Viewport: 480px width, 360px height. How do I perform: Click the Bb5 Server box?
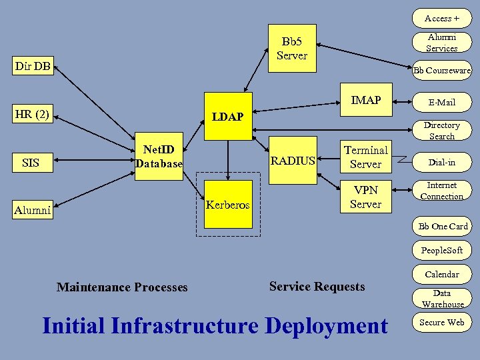click(291, 49)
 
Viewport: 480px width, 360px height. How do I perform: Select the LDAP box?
click(227, 117)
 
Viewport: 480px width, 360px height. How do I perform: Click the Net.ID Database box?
click(159, 157)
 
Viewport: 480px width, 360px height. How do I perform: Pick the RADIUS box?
click(293, 160)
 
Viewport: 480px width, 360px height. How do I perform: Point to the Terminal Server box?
click(365, 157)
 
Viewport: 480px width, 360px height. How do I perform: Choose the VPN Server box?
click(365, 197)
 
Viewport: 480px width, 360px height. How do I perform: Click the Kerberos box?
click(227, 205)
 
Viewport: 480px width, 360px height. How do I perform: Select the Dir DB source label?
click(33, 66)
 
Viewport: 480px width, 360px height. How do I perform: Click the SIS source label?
click(31, 163)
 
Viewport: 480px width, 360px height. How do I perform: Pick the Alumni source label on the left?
click(33, 210)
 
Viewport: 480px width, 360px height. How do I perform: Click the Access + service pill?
click(441, 18)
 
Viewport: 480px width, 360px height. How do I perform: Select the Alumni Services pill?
click(441, 43)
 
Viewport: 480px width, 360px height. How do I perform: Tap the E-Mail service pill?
click(441, 102)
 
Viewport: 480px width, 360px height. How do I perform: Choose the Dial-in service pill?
click(441, 161)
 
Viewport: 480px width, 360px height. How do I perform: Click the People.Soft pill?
click(441, 250)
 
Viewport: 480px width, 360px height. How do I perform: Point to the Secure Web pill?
click(441, 322)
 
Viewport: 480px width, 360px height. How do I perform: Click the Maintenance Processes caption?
click(122, 287)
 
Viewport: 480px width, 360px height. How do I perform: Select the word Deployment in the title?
click(326, 326)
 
